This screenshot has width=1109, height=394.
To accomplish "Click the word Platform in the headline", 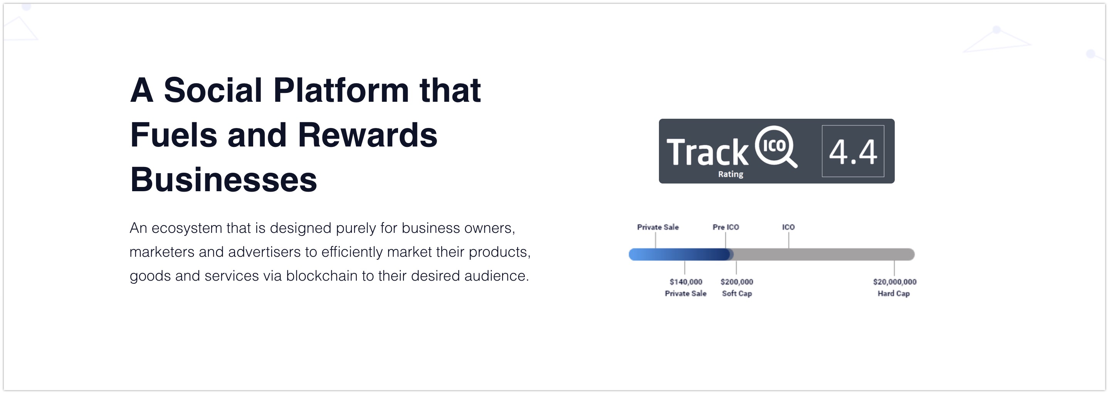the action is [x=341, y=91].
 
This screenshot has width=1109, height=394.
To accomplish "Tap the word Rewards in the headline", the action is [x=367, y=135].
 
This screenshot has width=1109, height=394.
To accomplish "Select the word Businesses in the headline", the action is [x=223, y=180].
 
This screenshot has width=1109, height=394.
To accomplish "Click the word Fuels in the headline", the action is [x=173, y=135].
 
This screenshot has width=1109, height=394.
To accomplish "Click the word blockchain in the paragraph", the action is [x=322, y=276].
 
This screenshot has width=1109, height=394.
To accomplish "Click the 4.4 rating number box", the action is [x=853, y=151].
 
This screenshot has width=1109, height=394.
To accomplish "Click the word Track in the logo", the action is [x=707, y=152].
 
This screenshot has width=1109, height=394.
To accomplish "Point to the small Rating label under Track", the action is [x=731, y=174].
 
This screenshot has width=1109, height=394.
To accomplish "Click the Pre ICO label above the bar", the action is [x=726, y=227].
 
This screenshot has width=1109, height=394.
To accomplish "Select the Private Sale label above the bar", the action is [x=658, y=227].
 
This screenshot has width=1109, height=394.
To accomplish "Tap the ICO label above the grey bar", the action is [x=788, y=227].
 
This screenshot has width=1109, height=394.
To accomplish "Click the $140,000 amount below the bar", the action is [x=686, y=282].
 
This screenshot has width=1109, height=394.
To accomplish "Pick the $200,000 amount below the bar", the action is [x=737, y=282].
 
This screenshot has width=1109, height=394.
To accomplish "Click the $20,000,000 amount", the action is [x=895, y=282].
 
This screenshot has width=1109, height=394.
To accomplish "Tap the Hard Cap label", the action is [x=894, y=294].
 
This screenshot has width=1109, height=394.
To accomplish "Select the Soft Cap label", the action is [x=737, y=294].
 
